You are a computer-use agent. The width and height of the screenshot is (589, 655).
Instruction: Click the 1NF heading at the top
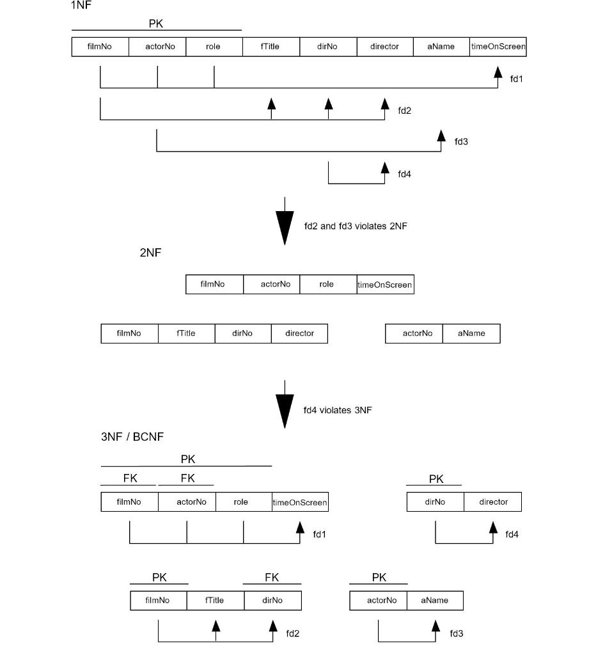click(x=81, y=6)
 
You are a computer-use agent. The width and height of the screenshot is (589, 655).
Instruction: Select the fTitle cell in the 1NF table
click(x=271, y=47)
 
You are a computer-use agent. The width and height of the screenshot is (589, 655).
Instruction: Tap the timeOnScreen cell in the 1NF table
click(x=498, y=47)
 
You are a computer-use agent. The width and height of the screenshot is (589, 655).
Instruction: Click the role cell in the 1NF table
click(x=214, y=47)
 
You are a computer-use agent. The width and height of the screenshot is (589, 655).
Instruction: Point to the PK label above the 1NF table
click(x=157, y=24)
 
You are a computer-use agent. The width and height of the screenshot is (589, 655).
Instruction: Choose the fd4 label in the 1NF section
click(x=404, y=174)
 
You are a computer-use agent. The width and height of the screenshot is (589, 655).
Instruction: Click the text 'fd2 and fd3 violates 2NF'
click(x=354, y=226)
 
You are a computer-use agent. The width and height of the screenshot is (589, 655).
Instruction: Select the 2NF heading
click(x=150, y=253)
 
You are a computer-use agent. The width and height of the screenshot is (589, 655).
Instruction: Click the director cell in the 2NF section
click(x=299, y=333)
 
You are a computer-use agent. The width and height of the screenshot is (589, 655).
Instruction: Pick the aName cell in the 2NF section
click(x=471, y=333)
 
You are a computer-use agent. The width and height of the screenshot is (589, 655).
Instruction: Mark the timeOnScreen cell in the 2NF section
click(x=385, y=285)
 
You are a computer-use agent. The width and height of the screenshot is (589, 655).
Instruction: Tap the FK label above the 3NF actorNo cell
click(x=187, y=478)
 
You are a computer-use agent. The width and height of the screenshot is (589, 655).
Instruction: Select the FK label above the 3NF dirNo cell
click(x=272, y=578)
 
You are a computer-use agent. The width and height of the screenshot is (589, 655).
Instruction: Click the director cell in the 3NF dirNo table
click(x=493, y=502)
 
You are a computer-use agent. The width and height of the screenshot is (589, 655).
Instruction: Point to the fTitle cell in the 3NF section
click(x=215, y=601)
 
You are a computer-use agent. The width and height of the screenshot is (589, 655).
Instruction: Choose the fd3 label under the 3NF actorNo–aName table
click(x=456, y=633)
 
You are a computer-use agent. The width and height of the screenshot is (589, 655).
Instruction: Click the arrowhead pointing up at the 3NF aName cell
click(x=436, y=626)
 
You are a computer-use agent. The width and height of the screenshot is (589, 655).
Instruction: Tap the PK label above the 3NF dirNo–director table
click(x=436, y=479)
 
